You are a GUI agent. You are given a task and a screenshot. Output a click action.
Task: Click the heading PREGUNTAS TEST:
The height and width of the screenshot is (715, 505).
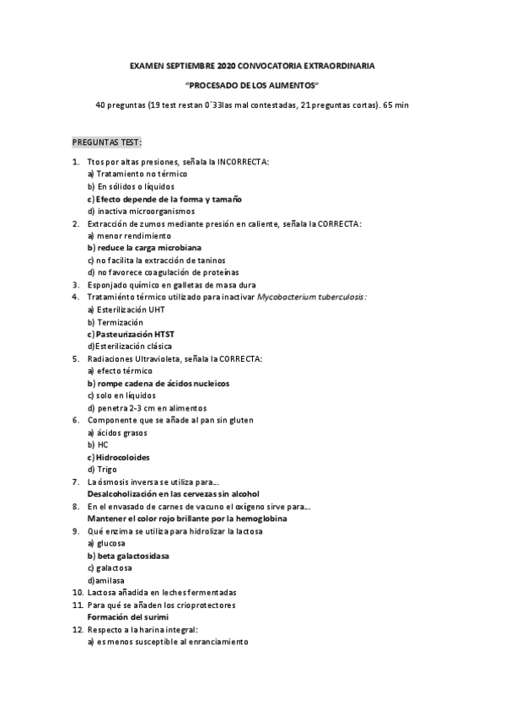click(107, 142)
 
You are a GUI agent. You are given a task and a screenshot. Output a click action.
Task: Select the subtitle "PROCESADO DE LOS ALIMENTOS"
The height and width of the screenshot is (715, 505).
click(252, 85)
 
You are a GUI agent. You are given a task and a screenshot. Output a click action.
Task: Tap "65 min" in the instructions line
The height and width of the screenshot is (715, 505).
click(395, 105)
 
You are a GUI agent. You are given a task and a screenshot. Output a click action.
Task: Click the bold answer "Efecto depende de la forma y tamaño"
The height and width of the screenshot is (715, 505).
click(169, 199)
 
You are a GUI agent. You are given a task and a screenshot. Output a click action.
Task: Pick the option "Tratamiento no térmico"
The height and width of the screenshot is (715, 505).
click(138, 174)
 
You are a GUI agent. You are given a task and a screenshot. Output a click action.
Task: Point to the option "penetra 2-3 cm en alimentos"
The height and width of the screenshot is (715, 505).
click(147, 407)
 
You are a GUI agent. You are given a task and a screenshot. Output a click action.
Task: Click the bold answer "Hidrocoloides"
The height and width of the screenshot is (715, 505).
click(126, 457)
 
